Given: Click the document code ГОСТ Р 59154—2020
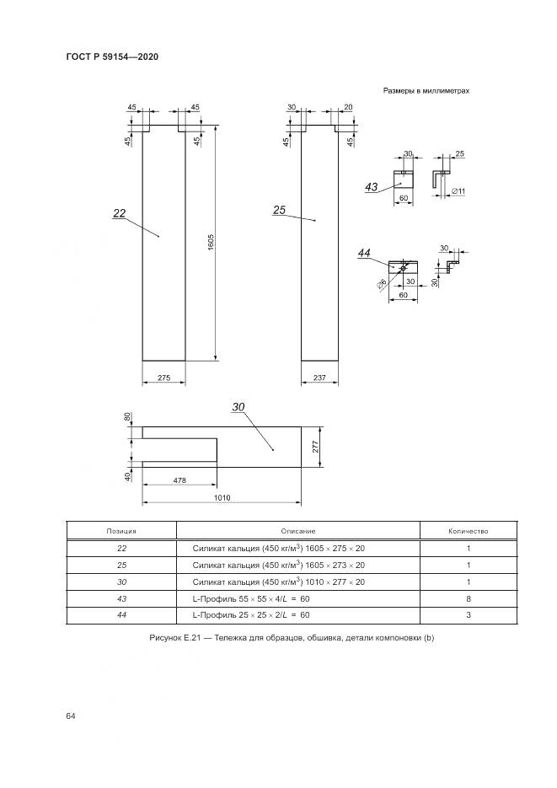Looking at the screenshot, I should coord(112,56).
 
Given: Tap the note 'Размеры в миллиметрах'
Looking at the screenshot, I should coord(426,90).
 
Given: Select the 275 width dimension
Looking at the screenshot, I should coord(164,379).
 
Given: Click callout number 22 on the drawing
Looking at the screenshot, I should coord(119,214).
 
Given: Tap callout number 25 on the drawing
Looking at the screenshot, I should coord(280,210).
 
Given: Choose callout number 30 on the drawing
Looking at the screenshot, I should coord(238,407).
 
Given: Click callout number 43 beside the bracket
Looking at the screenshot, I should coord(372,186).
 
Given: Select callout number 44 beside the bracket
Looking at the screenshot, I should coord(365,253).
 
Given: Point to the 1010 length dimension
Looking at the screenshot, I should coord(222,499).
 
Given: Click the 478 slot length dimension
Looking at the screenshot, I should coord(179,480).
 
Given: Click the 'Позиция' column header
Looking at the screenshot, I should coord(121,531).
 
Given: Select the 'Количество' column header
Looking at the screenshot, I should coord(468,531).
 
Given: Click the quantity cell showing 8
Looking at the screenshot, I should coord(468,599).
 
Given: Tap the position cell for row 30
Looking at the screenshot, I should coord(121,582).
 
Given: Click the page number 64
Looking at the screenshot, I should coord(71,716).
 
